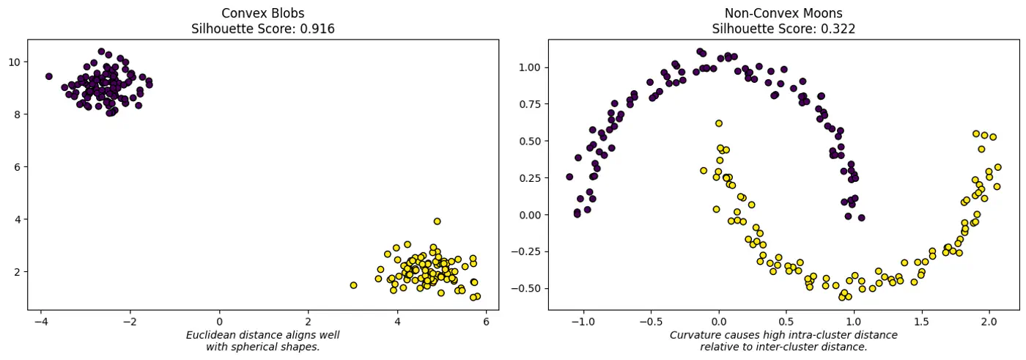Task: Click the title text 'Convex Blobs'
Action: [x=262, y=14]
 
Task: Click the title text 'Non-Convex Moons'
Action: [x=783, y=14]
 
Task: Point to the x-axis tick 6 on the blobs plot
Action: [x=486, y=321]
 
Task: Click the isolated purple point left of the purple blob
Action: [x=48, y=76]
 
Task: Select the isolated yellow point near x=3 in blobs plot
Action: [x=353, y=285]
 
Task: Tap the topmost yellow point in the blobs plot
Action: [x=437, y=221]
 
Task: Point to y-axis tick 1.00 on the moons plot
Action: [x=528, y=67]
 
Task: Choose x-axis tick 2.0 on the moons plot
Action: [x=989, y=321]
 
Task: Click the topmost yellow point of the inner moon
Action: [x=718, y=124]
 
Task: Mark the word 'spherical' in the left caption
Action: [x=256, y=347]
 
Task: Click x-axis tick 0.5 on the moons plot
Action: [x=786, y=321]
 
